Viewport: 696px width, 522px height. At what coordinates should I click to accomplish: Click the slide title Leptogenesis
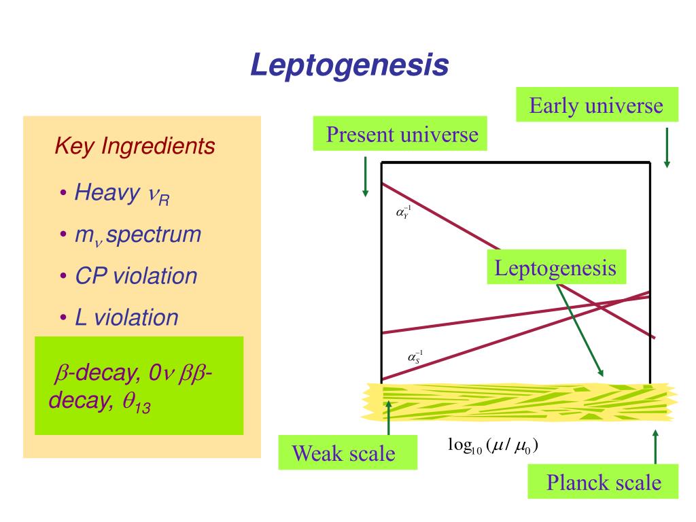point(349,65)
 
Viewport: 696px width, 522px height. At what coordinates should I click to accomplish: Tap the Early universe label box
point(596,105)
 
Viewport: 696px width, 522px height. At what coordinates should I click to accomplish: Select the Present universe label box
point(402,134)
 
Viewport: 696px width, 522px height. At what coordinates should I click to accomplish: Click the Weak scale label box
point(344,453)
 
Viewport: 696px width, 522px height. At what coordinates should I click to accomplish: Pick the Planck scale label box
point(604,483)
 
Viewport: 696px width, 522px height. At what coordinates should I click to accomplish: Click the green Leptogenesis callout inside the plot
point(555,267)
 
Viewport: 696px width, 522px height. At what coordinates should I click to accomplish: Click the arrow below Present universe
point(366,177)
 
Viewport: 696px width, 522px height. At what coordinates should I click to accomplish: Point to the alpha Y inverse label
point(404,213)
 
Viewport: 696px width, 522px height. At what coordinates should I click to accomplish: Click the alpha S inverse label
point(415,356)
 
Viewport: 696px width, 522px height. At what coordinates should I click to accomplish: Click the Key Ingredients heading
point(135,145)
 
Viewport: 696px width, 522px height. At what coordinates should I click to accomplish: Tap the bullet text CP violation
point(136,276)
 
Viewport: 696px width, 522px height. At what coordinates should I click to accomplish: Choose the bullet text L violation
point(126,317)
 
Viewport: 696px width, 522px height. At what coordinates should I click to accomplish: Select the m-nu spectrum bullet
point(138,235)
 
